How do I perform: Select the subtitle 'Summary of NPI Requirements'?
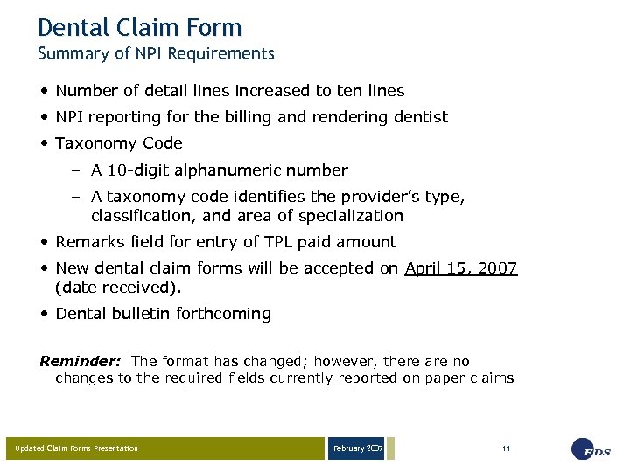[x=156, y=54]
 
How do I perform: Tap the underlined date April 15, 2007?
[x=461, y=268]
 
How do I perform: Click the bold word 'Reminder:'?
[x=81, y=361]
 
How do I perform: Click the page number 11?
[x=506, y=448]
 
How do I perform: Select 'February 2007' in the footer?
[x=357, y=448]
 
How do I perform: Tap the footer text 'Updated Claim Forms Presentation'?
[x=77, y=449]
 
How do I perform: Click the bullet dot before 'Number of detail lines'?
[x=44, y=91]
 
